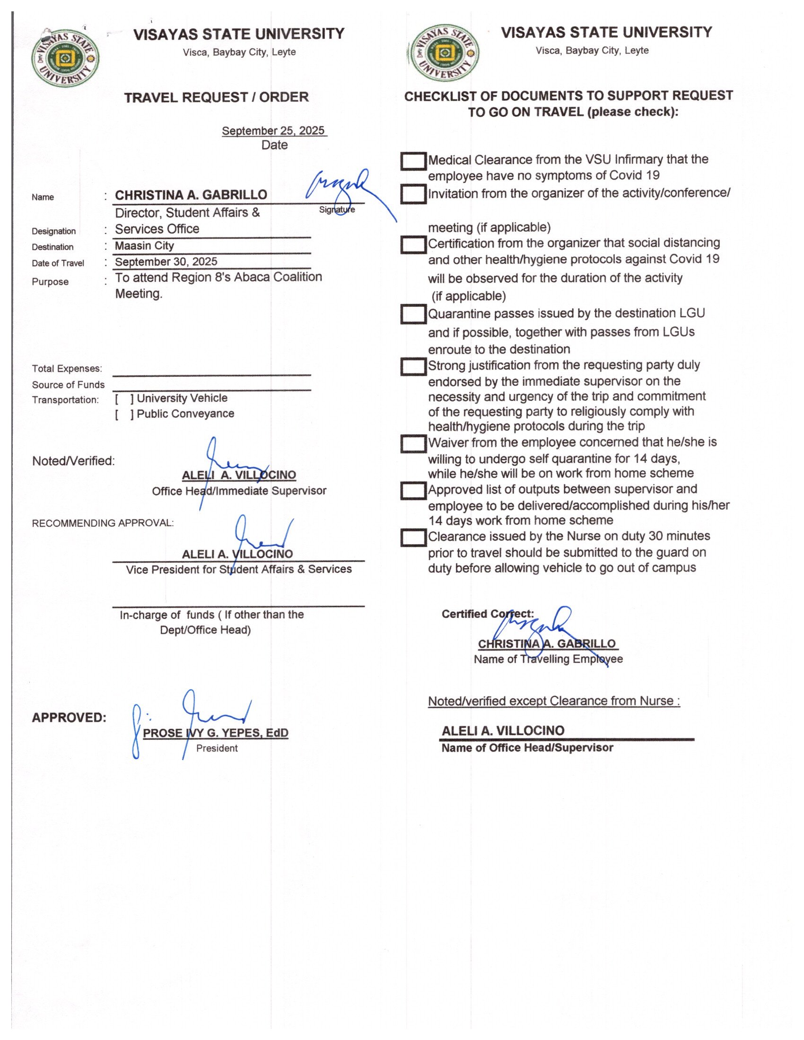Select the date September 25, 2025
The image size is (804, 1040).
tap(273, 130)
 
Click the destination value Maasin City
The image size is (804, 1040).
tap(144, 246)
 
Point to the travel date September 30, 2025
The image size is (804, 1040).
tap(166, 262)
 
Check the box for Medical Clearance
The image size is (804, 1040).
tap(412, 161)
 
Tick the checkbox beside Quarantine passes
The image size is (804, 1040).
tap(412, 314)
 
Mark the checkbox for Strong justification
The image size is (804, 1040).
tap(412, 366)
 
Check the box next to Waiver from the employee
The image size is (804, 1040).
tap(412, 443)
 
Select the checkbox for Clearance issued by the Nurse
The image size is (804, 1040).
tap(412, 537)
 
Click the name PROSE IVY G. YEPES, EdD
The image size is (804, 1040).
tap(215, 733)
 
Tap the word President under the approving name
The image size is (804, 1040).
tap(217, 748)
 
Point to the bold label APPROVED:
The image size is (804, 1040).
tap(69, 718)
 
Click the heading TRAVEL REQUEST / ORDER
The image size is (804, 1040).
tap(216, 98)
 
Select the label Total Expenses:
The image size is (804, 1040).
tap(67, 369)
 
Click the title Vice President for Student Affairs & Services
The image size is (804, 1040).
tap(239, 570)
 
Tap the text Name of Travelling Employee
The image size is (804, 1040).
tap(548, 659)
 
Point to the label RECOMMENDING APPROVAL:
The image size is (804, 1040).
tap(103, 523)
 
